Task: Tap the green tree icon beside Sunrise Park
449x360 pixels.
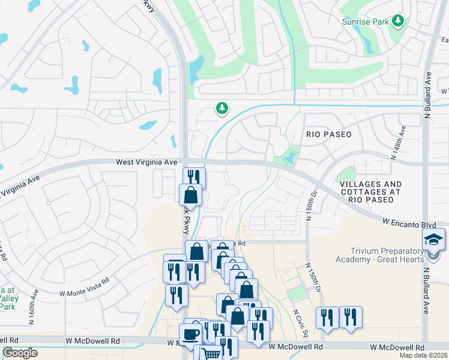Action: [397, 21]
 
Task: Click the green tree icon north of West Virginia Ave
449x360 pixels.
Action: [222, 108]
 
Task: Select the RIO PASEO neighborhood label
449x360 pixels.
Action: [328, 134]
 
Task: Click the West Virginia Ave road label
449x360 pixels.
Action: [147, 162]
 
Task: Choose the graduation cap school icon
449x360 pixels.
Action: [433, 239]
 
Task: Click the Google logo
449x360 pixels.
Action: [20, 353]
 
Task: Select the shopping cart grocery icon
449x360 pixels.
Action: [211, 353]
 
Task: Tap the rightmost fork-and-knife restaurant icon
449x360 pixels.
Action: [351, 316]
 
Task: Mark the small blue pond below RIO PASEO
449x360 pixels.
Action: [291, 158]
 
